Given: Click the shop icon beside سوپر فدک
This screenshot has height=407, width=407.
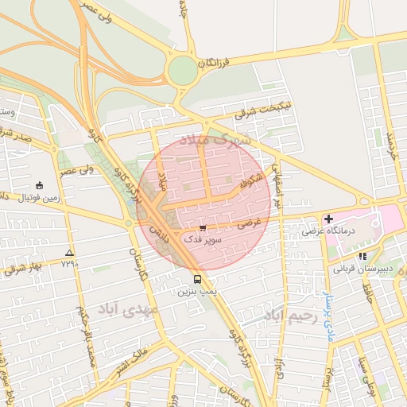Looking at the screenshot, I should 203,227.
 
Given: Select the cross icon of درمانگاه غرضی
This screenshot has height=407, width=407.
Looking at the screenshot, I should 328,218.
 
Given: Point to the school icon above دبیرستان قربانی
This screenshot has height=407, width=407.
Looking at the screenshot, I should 363,256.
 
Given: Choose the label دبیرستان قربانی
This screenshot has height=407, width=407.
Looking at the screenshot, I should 362,269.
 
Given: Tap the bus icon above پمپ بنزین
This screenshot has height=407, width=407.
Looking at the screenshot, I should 197,280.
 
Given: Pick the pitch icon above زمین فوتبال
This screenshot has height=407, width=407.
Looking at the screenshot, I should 40,184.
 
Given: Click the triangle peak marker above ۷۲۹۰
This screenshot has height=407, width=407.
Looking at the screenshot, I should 68,251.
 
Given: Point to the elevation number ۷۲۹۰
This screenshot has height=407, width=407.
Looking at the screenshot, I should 70,263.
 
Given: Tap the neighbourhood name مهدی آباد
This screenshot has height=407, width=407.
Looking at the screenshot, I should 128,308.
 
